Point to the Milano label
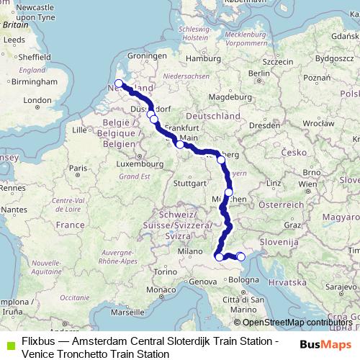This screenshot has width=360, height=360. (192, 251)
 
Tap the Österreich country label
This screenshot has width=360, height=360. (279, 204)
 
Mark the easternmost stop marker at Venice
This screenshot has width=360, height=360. (241, 257)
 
